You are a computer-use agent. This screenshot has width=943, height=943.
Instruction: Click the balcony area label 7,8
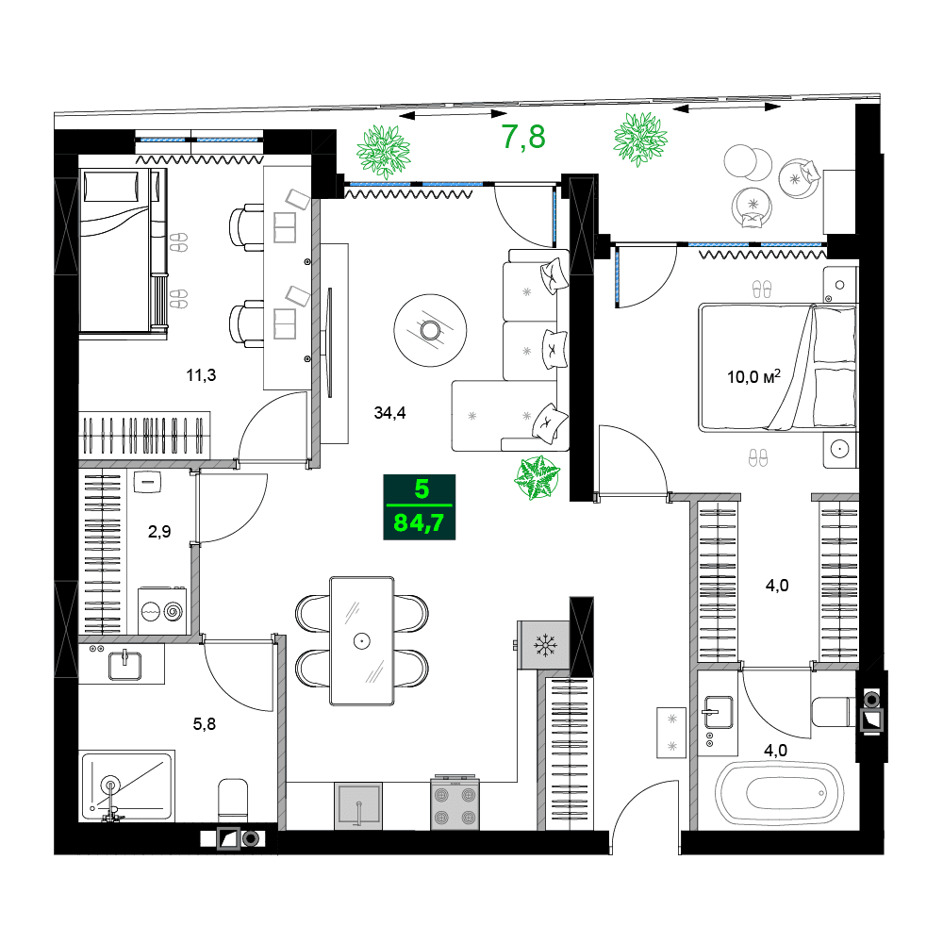(523, 138)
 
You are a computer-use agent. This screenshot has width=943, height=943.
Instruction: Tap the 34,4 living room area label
(390, 412)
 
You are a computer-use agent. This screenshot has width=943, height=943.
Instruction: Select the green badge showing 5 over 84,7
(419, 507)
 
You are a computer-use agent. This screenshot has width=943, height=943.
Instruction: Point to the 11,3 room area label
(201, 375)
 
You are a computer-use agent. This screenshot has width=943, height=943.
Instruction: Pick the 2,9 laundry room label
(158, 531)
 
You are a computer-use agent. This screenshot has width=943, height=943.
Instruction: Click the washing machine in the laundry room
(162, 610)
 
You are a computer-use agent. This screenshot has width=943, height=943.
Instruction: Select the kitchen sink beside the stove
(359, 805)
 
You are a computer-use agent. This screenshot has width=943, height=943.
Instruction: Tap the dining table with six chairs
(361, 640)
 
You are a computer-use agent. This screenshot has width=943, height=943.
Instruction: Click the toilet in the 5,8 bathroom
(233, 800)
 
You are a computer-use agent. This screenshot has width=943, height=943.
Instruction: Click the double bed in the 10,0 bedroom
(777, 368)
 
